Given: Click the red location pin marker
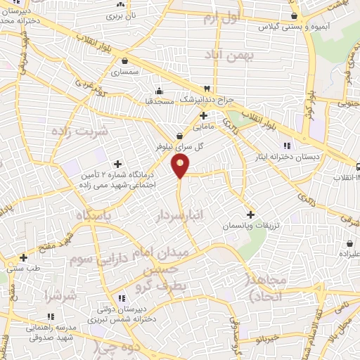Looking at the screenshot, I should (x=181, y=166).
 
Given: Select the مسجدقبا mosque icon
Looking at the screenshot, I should (x=160, y=89).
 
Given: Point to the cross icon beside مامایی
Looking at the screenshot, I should (x=203, y=115).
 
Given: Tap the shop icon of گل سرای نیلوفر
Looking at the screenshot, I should (x=180, y=136).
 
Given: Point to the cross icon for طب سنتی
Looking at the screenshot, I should (x=24, y=257).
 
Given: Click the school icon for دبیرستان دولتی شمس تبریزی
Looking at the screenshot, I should (x=122, y=297).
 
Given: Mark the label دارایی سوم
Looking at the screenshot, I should (x=96, y=258).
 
